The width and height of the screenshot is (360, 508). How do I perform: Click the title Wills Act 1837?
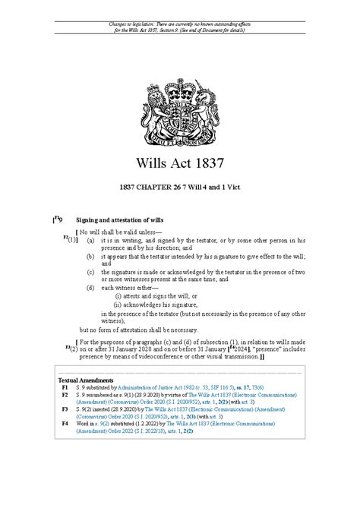click(x=180, y=164)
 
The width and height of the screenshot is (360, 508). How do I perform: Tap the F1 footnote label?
click(x=65, y=387)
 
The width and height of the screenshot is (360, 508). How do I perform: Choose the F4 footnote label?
click(x=65, y=424)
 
